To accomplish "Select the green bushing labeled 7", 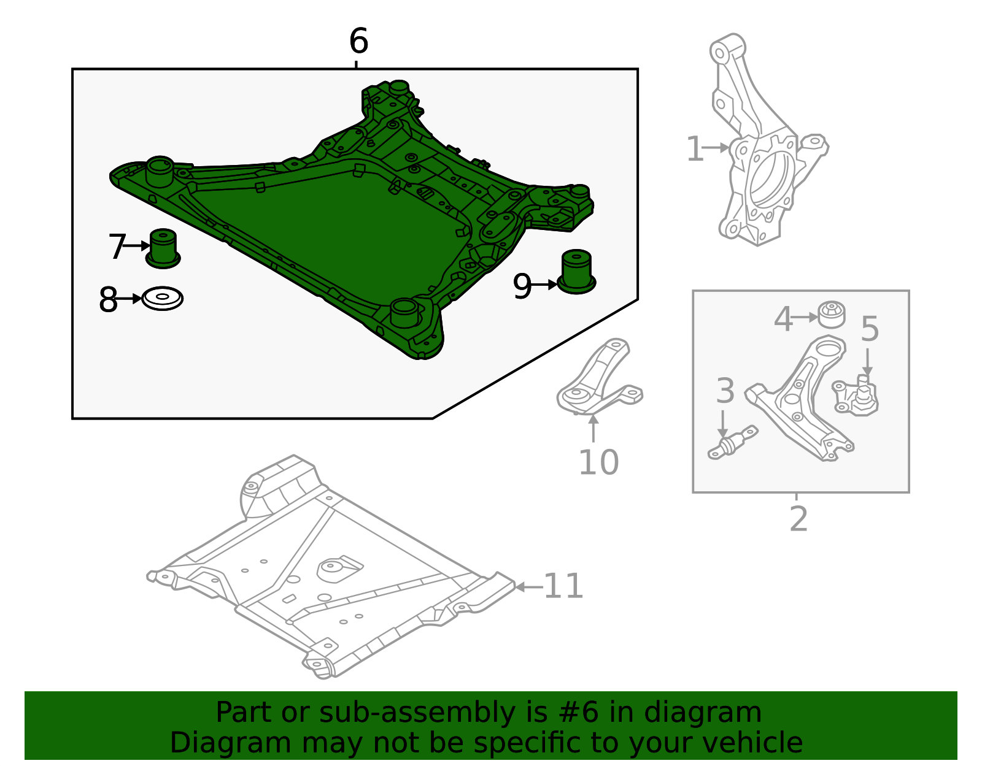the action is [163, 248].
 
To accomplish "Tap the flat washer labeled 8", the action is [162, 298].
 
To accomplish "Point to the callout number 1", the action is [695, 148].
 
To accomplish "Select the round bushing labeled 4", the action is [832, 315].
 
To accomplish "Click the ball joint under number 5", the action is [855, 395].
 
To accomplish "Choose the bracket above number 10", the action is [599, 379].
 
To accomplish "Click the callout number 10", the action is [598, 462].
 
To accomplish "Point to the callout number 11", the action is [563, 586].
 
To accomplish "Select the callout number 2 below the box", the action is [798, 519].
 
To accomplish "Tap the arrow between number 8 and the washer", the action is [129, 298].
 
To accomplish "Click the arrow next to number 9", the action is [544, 285].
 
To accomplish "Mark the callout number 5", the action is [870, 329].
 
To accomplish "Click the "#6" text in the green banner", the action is [578, 713].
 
